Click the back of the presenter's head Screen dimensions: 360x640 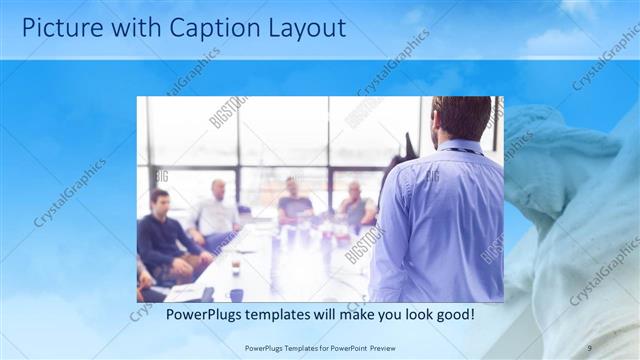(461, 118)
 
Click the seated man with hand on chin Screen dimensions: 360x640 (355, 205)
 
